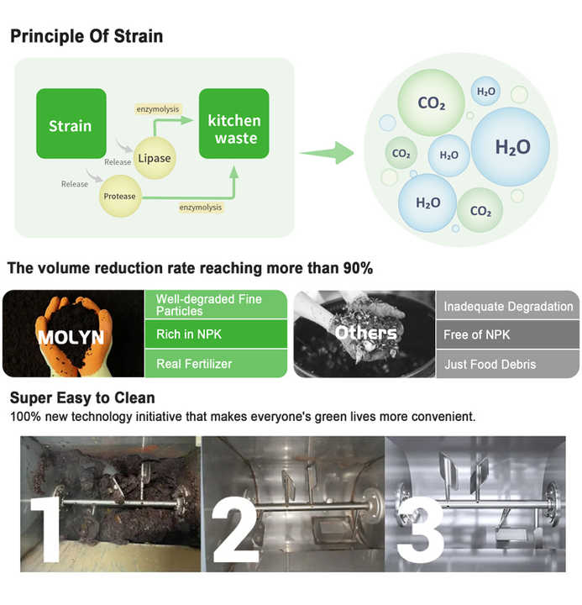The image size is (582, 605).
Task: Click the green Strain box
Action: click(71, 124)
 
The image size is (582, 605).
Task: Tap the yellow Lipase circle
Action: click(154, 157)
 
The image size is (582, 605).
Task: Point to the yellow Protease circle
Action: click(118, 197)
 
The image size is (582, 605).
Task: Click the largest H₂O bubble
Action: click(511, 147)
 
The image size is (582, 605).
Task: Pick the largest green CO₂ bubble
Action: click(431, 103)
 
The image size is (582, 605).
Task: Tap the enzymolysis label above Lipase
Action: click(157, 109)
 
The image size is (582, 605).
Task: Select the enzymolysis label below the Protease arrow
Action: click(200, 207)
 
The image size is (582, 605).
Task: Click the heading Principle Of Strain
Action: click(86, 36)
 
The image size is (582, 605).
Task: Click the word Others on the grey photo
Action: click(365, 333)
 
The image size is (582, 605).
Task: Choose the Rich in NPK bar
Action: click(218, 334)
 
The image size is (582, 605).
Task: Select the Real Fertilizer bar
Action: click(218, 363)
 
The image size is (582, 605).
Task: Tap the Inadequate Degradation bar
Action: click(507, 306)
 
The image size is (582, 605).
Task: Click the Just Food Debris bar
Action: click(507, 363)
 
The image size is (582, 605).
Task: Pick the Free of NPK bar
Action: click(507, 334)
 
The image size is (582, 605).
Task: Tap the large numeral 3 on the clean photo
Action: click(418, 531)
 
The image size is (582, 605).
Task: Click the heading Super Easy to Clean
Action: click(82, 397)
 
